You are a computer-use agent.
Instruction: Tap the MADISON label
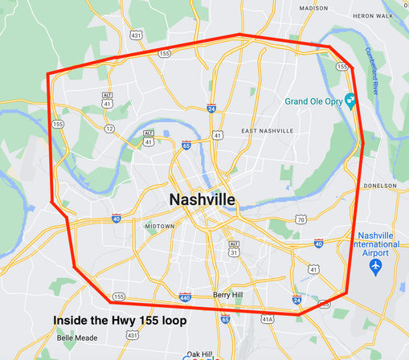coord(313,8)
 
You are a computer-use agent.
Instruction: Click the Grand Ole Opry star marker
coord(350,100)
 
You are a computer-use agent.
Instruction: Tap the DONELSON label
coord(381,185)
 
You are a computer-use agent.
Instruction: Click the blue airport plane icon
coord(376,264)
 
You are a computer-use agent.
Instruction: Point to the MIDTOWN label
coord(159,227)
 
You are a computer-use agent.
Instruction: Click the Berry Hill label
coord(227,295)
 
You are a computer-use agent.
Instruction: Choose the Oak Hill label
coord(198,354)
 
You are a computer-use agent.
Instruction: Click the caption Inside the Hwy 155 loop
coord(121,321)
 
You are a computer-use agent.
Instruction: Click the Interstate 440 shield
coord(186,296)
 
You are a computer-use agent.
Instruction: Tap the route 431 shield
coord(136,35)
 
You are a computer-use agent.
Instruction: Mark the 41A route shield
coord(268,319)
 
